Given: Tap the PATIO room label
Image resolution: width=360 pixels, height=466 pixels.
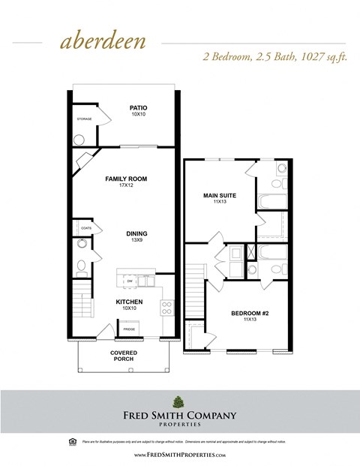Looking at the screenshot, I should click(138, 108).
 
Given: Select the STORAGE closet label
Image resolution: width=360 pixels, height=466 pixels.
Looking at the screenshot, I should click(83, 119).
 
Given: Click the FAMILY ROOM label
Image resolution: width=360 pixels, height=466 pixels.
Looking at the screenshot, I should click(125, 179).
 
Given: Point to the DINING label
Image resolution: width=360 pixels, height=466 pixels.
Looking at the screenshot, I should click(136, 233).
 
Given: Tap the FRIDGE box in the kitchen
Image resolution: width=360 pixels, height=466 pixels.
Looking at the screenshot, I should click(129, 329).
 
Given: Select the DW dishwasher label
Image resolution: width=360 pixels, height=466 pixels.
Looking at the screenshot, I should click(129, 281).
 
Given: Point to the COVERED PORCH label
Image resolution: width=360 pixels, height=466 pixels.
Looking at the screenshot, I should click(122, 356).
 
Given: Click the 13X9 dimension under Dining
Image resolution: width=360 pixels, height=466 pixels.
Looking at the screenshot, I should click(136, 240).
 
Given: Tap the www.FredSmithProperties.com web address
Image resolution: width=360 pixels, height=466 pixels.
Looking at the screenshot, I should click(179, 455).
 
